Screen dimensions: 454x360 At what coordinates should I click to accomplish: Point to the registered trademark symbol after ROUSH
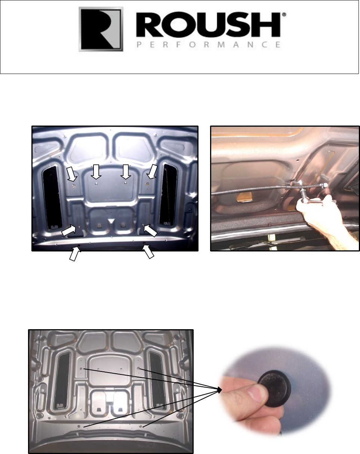coord(284,15)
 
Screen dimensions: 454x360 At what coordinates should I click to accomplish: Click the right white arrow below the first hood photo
coord(149,253)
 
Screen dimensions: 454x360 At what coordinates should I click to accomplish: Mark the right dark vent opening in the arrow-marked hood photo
coord(167,193)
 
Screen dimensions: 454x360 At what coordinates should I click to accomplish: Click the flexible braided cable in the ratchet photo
coord(254,190)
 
